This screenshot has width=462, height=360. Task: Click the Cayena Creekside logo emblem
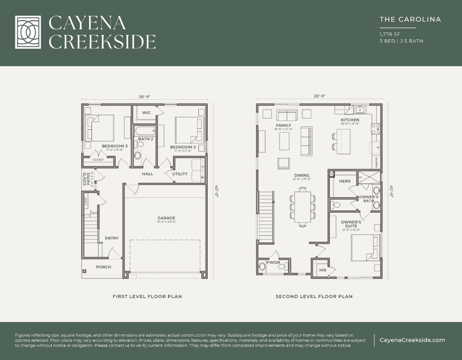(x=31, y=32)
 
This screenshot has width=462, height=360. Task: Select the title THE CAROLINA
(x=410, y=20)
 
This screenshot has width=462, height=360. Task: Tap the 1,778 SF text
(x=389, y=34)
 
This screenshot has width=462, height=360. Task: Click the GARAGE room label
(x=166, y=218)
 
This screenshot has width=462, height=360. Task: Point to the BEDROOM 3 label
(x=114, y=146)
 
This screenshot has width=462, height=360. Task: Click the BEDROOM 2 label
(x=183, y=147)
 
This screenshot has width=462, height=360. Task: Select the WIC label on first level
(x=146, y=112)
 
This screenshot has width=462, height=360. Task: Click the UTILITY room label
(x=180, y=174)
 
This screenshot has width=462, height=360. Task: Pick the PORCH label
(x=104, y=267)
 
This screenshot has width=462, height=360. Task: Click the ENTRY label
(x=112, y=238)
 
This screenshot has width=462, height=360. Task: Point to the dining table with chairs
(x=303, y=205)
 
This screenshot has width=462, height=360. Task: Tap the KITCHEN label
(x=350, y=120)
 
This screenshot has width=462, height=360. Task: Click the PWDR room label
(x=273, y=262)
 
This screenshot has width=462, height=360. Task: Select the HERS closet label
(x=345, y=181)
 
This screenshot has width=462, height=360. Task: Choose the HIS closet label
(x=322, y=270)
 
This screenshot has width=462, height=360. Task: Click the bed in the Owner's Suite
(x=365, y=247)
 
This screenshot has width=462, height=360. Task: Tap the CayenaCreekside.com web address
(x=412, y=340)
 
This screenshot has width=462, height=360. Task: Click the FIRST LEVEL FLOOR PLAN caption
(x=147, y=296)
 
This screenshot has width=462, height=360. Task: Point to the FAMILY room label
(x=283, y=126)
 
